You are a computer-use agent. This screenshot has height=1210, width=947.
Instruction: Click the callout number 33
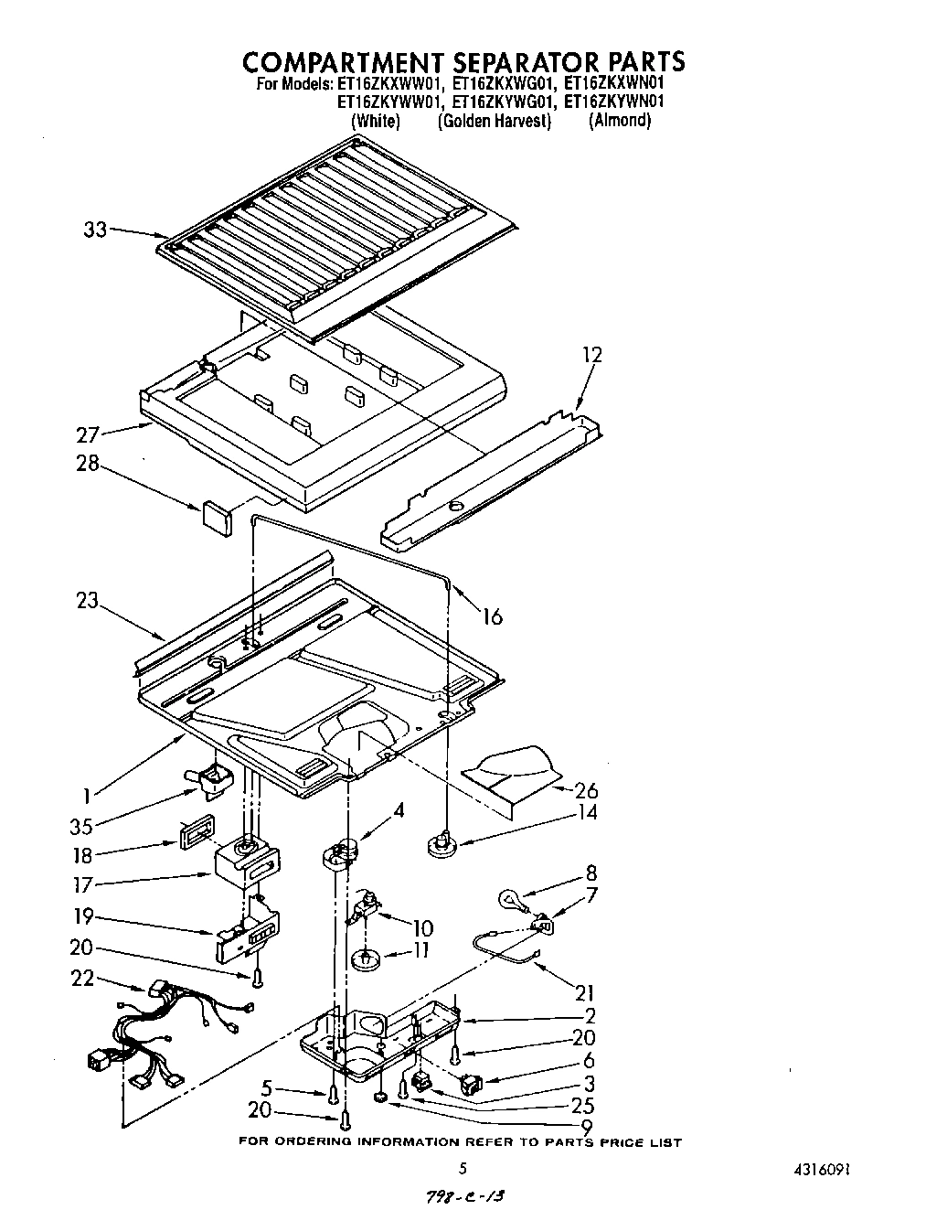tap(95, 230)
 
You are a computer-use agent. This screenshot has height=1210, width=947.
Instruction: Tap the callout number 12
tap(591, 355)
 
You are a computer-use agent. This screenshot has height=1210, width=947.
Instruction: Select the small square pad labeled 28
tap(217, 514)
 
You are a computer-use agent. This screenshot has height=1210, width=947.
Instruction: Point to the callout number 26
tap(586, 790)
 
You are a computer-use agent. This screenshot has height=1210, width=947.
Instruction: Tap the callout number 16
tap(492, 616)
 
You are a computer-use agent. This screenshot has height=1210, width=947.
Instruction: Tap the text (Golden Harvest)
tap(495, 121)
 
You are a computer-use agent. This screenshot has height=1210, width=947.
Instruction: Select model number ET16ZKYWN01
tap(613, 102)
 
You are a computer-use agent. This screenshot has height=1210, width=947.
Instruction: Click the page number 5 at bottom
tap(463, 1168)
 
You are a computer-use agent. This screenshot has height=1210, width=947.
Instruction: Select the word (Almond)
tap(620, 121)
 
